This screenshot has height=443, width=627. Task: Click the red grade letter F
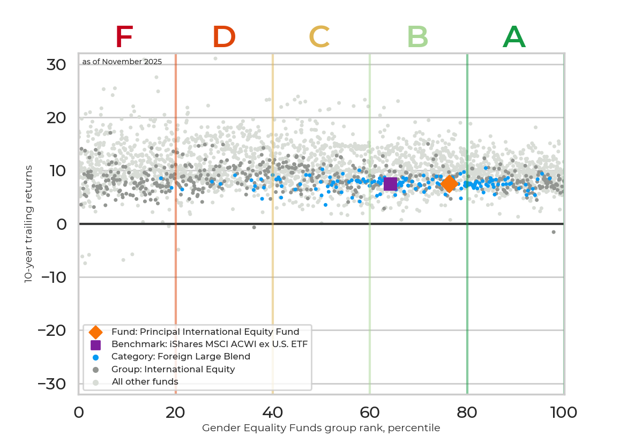coord(124,37)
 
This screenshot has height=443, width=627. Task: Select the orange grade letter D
coord(224,37)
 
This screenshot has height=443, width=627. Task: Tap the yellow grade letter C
coord(319,37)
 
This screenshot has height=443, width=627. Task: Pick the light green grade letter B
coord(417,37)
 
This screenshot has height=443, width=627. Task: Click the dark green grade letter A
coord(514,37)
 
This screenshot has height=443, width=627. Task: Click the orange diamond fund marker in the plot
coord(449,184)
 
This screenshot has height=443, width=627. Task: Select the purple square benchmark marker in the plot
coord(390,184)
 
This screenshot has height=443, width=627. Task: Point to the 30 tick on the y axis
coord(56,65)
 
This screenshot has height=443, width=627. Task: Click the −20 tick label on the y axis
coord(52,331)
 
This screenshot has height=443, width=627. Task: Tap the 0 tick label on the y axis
coord(62,224)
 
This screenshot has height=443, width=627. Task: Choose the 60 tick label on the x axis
coord(370,412)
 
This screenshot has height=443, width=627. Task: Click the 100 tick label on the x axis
coord(563,412)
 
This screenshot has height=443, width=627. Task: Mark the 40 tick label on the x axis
coord(273,412)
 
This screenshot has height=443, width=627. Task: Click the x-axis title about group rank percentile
coord(321,428)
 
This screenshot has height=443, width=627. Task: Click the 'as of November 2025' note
coord(122,62)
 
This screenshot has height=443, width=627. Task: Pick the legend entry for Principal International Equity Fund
coord(205,331)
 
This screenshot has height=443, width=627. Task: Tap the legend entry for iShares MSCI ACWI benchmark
coord(209,344)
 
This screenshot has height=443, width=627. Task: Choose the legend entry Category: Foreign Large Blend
coord(181,356)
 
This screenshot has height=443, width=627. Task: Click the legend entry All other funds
coord(145,381)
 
